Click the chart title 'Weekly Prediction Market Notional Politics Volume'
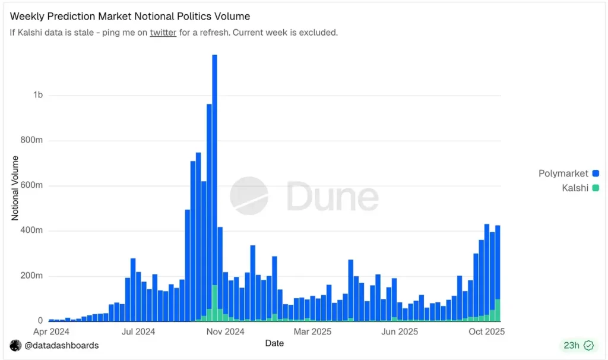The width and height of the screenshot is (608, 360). (130, 17)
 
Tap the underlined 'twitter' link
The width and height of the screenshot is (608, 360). (163, 33)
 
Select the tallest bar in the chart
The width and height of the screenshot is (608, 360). (214, 178)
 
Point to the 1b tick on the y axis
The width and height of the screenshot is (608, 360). (38, 95)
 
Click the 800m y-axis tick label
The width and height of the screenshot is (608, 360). (31, 141)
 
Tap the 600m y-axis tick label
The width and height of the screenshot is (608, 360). (31, 185)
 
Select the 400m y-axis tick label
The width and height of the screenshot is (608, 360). (31, 230)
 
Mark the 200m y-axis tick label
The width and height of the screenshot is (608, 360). (31, 276)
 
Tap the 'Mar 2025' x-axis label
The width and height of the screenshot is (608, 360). (313, 331)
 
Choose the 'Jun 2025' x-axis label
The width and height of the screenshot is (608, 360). (400, 331)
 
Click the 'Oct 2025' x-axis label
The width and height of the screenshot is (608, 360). (486, 331)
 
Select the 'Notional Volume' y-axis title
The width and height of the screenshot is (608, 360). (15, 188)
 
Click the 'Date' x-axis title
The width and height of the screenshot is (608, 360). (274, 343)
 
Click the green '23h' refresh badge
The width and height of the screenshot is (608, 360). (579, 345)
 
